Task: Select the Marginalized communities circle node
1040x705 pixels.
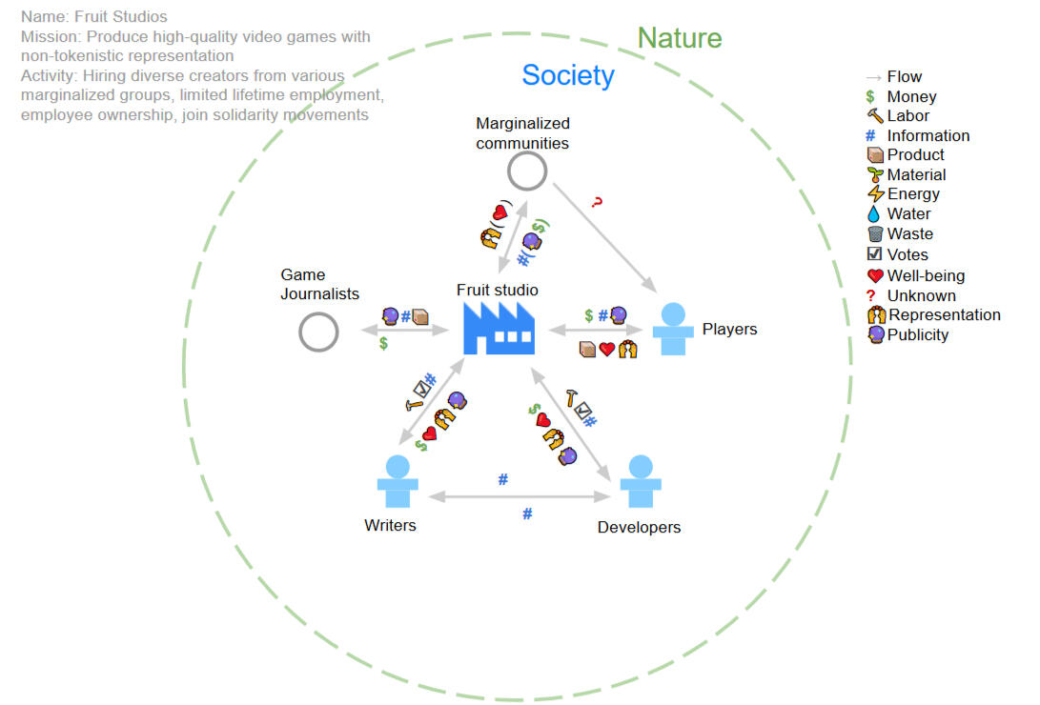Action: pos(526,171)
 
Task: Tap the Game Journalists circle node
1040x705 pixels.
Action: pos(318,333)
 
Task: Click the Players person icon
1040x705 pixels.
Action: pos(673,330)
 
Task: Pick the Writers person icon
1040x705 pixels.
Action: pos(398,483)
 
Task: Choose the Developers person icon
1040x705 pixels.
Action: pos(641,483)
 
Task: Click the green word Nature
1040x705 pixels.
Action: pos(679,38)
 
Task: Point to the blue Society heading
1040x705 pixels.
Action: pos(567,75)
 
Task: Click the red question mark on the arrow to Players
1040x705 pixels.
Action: pos(598,203)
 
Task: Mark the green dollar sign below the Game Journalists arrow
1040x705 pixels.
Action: pos(383,344)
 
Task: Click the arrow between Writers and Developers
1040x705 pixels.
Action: pos(520,496)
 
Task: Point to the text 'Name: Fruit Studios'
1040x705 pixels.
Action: pos(93,17)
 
